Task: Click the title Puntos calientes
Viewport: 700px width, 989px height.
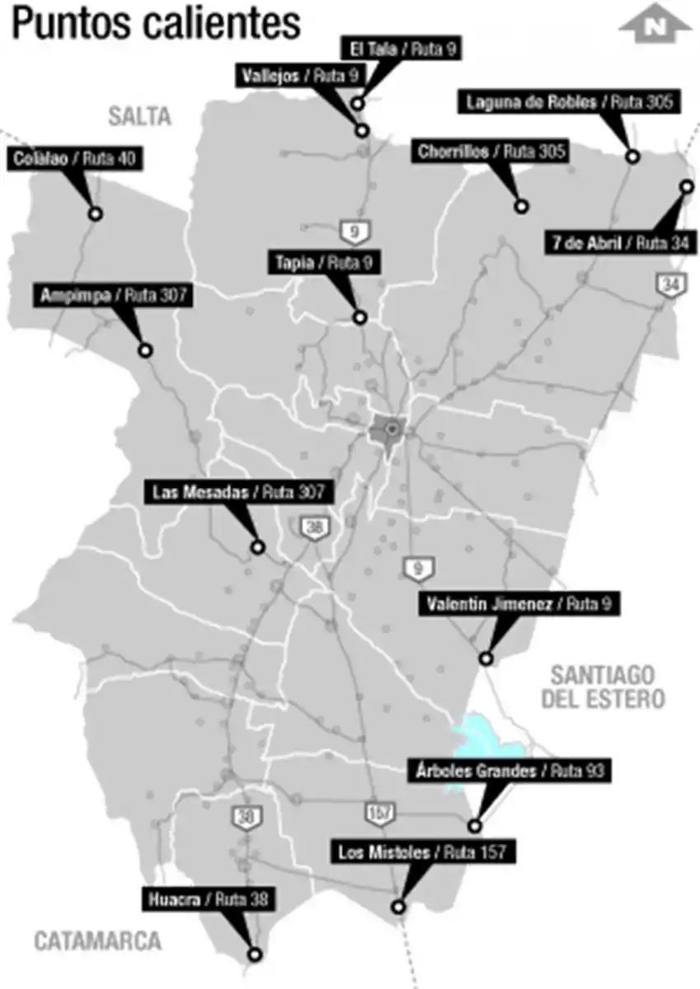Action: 156,24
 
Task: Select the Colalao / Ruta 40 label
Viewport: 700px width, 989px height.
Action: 77,158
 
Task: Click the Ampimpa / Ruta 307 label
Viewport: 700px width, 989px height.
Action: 113,296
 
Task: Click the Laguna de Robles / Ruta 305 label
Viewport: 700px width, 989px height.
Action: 571,103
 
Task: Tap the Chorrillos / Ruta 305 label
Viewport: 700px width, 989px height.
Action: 491,152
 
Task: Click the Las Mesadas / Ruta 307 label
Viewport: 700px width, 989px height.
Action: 240,493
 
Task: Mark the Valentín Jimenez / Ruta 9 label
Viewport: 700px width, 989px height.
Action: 519,604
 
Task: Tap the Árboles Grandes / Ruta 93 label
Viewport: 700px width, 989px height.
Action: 510,771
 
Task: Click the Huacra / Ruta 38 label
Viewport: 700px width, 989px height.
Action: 209,899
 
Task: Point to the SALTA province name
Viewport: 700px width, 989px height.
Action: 139,116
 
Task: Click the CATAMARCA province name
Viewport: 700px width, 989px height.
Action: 98,940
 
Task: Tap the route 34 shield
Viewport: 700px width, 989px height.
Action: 668,284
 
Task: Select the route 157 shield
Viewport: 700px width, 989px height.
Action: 378,813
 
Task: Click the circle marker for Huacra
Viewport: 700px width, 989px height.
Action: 255,954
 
